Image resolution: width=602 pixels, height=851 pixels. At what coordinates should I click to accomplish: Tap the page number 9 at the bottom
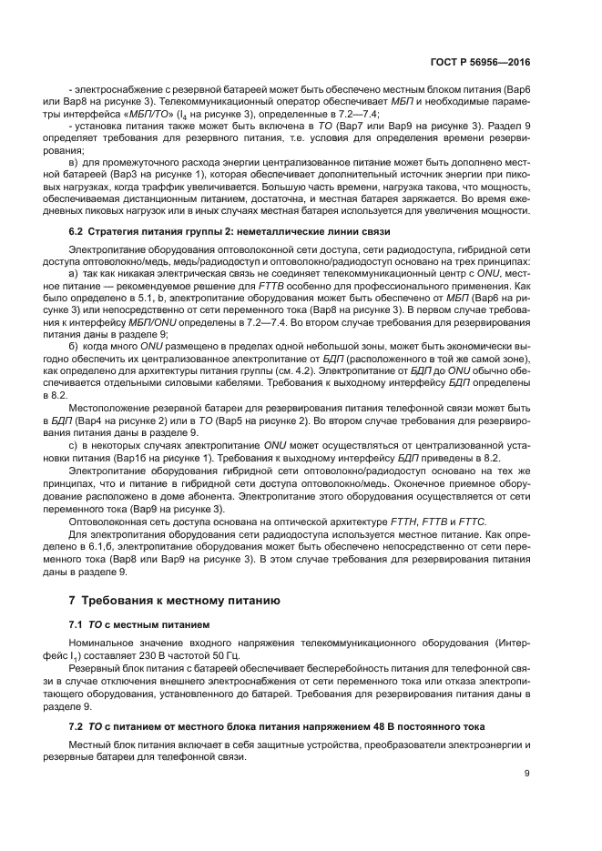527,774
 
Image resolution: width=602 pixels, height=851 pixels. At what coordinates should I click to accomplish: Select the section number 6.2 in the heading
77,231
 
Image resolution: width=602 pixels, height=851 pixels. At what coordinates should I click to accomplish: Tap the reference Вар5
256,422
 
